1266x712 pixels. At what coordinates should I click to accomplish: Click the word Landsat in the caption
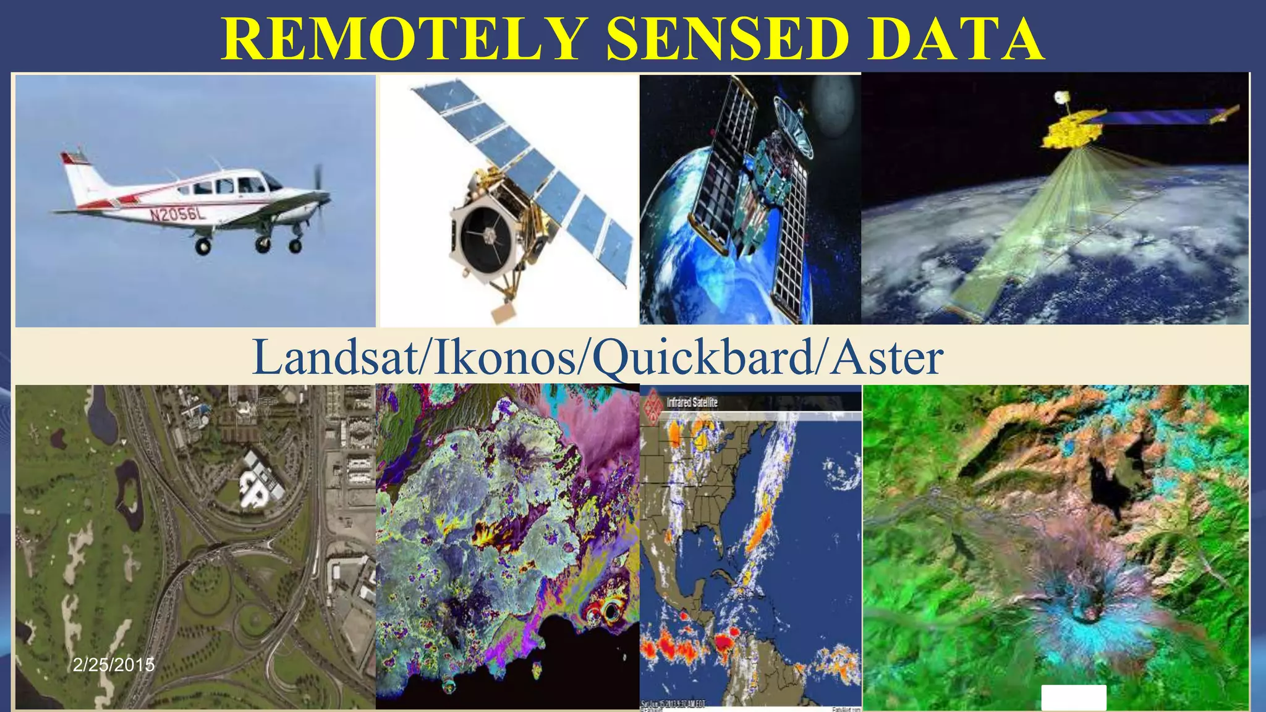pos(334,358)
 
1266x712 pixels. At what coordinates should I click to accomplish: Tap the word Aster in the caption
pos(886,358)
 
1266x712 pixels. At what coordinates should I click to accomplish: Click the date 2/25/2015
pos(114,665)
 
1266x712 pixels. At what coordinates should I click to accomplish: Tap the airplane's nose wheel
pos(295,246)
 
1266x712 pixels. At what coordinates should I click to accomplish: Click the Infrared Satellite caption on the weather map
pos(692,402)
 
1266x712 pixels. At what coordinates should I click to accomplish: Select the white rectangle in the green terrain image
pos(1074,697)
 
